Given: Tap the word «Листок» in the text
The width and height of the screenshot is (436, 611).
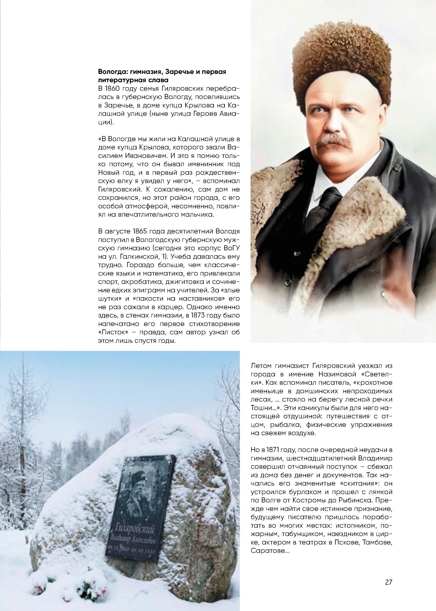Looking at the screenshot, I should point(113,332).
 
